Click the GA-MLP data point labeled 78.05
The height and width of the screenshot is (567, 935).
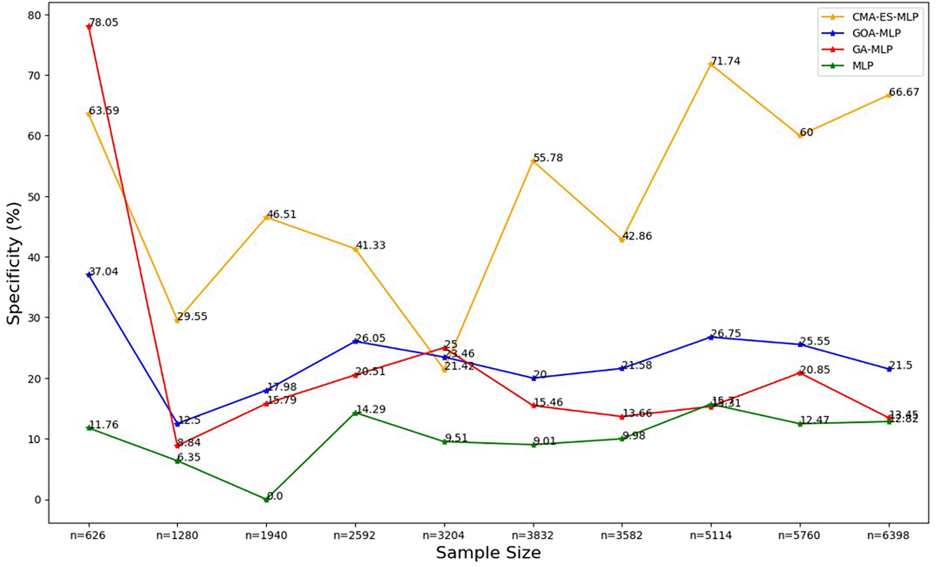coord(89,27)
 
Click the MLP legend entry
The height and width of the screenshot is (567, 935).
coord(862,66)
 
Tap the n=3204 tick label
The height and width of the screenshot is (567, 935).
coord(444,536)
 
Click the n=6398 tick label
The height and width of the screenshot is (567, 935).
coord(888,536)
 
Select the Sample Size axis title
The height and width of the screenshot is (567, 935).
coord(488,553)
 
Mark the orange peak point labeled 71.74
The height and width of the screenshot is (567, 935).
coord(711,65)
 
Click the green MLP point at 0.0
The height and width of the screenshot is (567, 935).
coord(266,499)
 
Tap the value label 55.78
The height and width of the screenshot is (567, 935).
coord(548,158)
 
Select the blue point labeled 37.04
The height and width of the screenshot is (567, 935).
coord(89,275)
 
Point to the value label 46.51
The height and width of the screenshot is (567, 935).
coord(281,215)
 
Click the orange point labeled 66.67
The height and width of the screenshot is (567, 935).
coord(889,95)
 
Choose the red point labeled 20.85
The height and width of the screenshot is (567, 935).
coord(800,373)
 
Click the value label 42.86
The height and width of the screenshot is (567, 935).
coord(637,236)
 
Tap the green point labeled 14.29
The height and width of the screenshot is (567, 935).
coord(355,413)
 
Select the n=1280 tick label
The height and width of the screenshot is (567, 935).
coord(177,536)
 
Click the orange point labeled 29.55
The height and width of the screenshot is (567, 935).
coord(177,320)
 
